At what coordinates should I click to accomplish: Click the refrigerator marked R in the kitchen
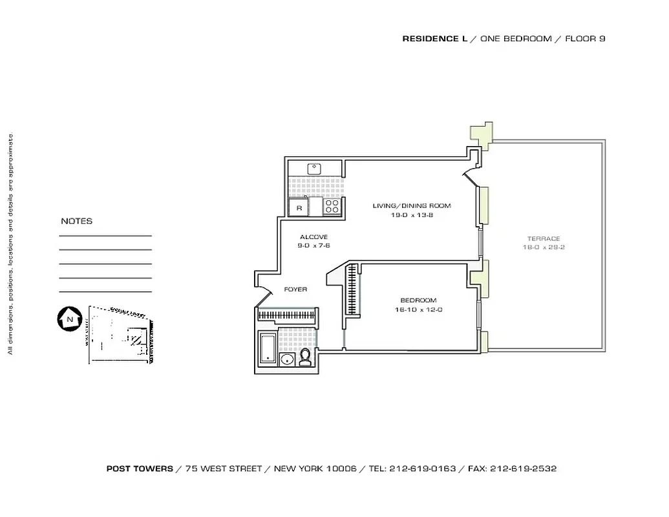click(x=299, y=207)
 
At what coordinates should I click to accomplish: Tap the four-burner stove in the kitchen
click(x=332, y=207)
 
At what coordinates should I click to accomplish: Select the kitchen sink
click(x=315, y=169)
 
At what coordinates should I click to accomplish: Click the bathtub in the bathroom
click(x=268, y=348)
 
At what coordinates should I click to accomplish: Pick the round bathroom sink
click(x=287, y=359)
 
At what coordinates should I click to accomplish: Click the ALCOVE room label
click(x=313, y=237)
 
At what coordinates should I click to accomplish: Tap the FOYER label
click(x=295, y=290)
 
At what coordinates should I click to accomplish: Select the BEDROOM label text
click(x=418, y=301)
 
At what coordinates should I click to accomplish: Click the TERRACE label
click(x=543, y=238)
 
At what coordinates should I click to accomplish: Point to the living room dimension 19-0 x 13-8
click(x=412, y=215)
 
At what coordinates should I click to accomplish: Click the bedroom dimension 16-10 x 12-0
click(x=418, y=310)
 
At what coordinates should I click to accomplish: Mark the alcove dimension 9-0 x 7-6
click(x=313, y=246)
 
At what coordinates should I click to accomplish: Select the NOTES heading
click(x=77, y=221)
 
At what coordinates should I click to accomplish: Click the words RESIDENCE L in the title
click(x=434, y=39)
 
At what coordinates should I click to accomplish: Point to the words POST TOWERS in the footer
click(x=140, y=469)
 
